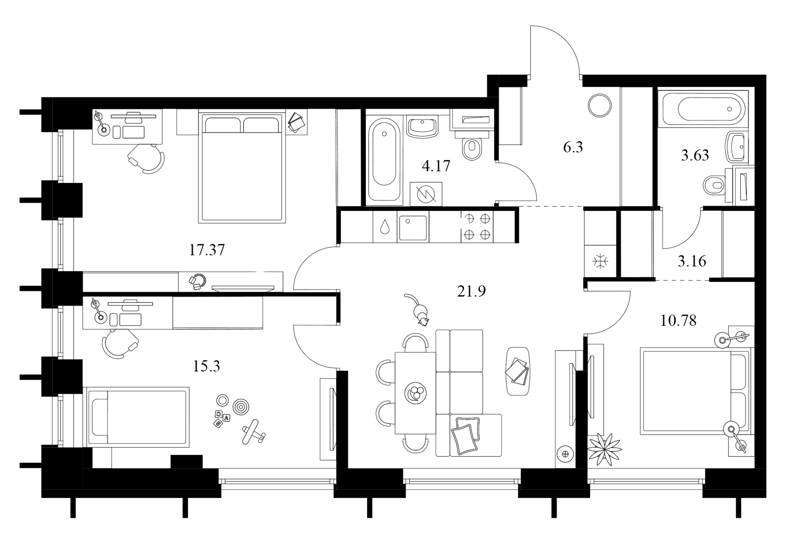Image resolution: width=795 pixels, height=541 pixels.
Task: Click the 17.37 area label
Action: click(x=207, y=250)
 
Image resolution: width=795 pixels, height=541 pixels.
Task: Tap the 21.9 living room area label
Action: click(x=471, y=291)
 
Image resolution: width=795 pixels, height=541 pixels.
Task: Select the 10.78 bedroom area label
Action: click(x=678, y=321)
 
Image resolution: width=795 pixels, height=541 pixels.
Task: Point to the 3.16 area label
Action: click(x=692, y=261)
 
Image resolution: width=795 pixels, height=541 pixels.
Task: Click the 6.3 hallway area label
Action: click(x=573, y=147)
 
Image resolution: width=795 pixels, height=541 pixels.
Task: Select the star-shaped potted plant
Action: click(x=604, y=449)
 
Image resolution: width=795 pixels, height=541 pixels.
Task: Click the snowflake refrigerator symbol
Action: click(x=600, y=262)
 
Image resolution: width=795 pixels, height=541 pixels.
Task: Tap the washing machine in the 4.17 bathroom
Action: click(x=426, y=194)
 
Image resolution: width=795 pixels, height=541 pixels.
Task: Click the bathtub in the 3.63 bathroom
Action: click(x=703, y=109)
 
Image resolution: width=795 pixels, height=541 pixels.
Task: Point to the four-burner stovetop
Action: click(x=477, y=227)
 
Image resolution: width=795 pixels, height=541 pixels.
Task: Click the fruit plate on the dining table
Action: click(x=415, y=393)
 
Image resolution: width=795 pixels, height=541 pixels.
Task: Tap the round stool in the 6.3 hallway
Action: click(x=600, y=105)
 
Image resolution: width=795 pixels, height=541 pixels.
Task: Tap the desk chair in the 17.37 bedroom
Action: click(x=147, y=159)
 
